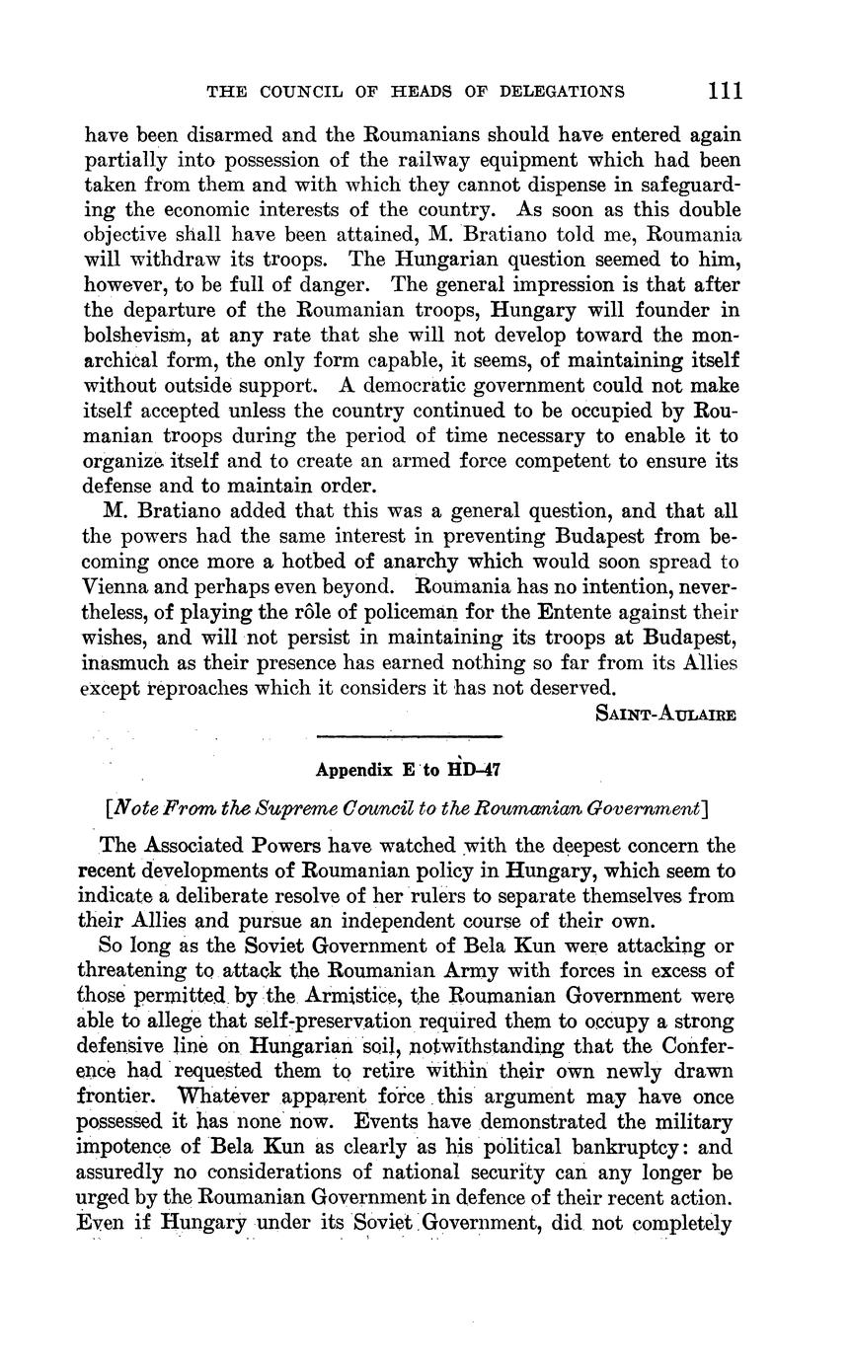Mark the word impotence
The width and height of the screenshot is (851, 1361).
click(130, 1148)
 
